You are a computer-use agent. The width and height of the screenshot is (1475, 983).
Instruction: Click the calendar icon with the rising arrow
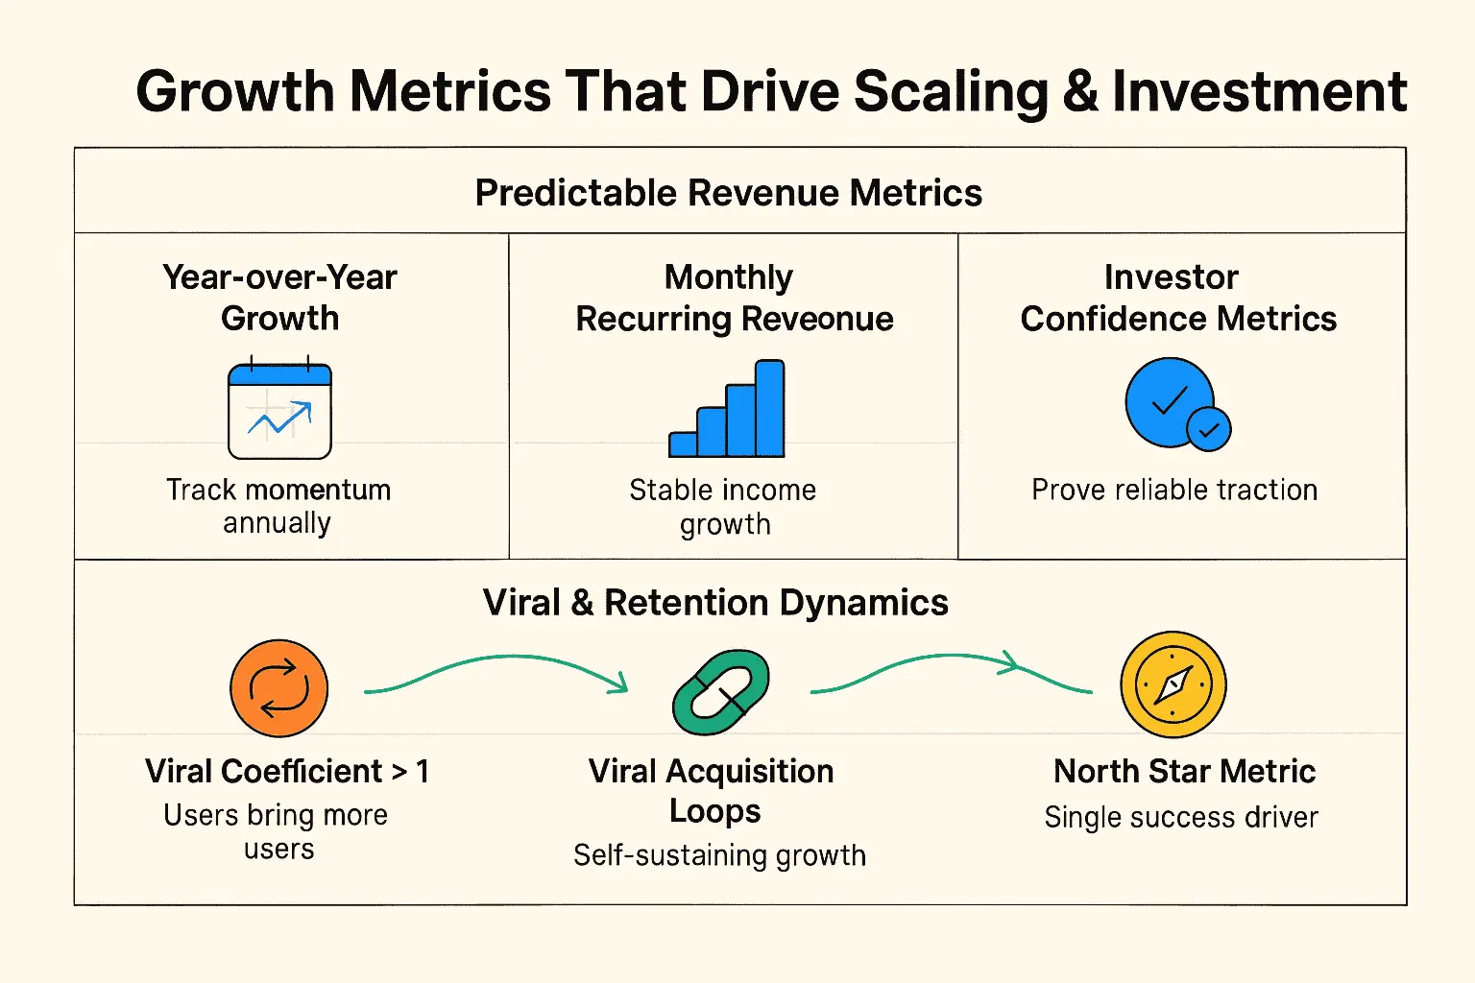point(279,411)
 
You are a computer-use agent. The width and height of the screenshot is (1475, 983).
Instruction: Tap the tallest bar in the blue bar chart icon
point(770,408)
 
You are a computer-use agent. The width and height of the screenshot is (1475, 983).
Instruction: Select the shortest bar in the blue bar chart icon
point(683,444)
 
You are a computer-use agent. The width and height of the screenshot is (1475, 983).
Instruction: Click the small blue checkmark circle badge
point(1208,429)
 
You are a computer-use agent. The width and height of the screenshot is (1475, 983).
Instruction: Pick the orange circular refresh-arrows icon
point(278,688)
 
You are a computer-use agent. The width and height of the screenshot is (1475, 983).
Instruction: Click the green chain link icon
point(721,691)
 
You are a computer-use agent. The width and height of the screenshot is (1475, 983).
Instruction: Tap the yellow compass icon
point(1173,684)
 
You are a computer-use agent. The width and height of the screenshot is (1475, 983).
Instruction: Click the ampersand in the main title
point(1079,92)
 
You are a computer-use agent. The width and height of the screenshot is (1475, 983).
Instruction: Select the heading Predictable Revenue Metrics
point(728,193)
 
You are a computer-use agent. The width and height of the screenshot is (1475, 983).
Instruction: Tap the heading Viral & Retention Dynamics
point(715,603)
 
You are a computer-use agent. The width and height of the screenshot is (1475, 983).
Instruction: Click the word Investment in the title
point(1259,92)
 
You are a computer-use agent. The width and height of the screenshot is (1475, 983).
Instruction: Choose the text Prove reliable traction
point(1173,490)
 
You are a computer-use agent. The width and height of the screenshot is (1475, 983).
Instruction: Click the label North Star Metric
point(1184,771)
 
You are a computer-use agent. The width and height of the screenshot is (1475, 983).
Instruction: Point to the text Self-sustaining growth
point(719,854)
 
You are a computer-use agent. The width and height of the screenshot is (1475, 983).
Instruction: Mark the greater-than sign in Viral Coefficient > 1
point(399,772)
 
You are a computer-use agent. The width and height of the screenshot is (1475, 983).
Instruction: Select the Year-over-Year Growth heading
point(279,298)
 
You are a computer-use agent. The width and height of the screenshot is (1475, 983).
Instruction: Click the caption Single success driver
point(1180,817)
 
